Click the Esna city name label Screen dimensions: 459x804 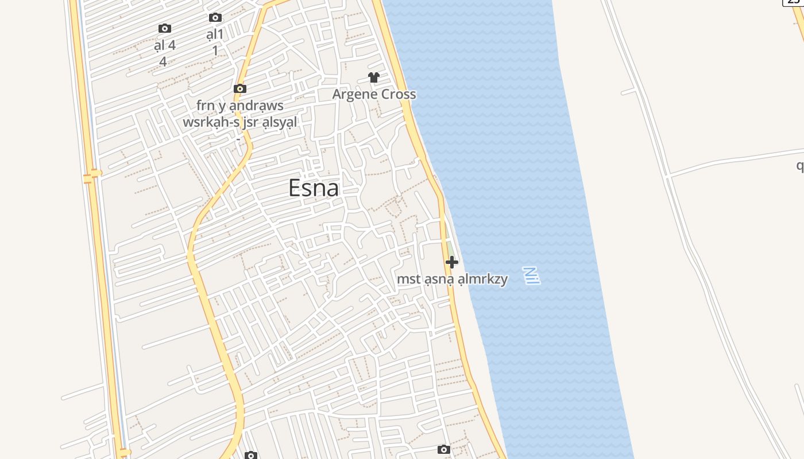[314, 188]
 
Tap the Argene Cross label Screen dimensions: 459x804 [374, 94]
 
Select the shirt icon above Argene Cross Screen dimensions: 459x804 [374, 77]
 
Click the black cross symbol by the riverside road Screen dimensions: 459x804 [452, 262]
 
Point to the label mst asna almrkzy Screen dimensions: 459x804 [453, 279]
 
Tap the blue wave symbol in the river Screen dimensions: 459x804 [532, 275]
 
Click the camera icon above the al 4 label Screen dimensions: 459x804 [165, 28]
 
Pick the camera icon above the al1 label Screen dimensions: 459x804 [215, 18]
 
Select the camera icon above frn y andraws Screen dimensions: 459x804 [240, 88]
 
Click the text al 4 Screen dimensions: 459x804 [165, 45]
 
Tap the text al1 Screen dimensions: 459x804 [215, 34]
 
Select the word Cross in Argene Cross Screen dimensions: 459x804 [397, 94]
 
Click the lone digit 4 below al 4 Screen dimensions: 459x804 [163, 61]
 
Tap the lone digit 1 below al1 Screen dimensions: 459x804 [215, 50]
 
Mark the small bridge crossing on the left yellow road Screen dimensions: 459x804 [91, 176]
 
